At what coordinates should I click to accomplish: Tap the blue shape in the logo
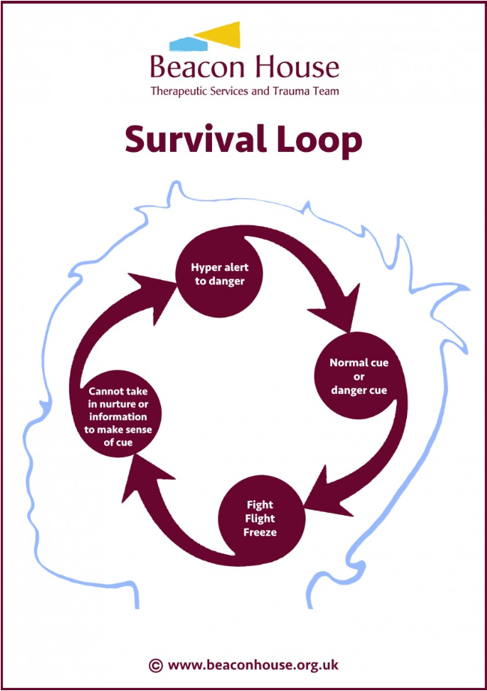184,41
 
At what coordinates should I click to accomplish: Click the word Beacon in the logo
194,68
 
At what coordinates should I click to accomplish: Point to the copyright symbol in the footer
155,664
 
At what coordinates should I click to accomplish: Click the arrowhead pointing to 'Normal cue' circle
341,314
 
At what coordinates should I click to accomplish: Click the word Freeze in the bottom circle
260,532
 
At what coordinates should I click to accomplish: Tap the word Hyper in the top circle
205,267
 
